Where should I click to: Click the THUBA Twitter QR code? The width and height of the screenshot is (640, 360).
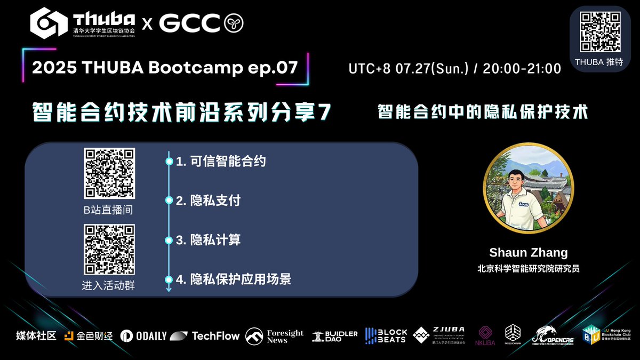pyautogui.click(x=600, y=32)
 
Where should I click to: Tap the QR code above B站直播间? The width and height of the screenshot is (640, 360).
pyautogui.click(x=109, y=174)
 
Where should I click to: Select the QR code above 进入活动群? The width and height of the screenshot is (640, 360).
pyautogui.click(x=109, y=250)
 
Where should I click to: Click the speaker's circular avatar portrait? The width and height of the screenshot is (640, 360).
pyautogui.click(x=528, y=189)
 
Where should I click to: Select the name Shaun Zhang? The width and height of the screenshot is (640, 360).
pyautogui.click(x=528, y=253)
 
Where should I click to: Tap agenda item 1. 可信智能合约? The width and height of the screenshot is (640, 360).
pyautogui.click(x=221, y=161)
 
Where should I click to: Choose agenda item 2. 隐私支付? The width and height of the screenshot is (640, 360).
pyautogui.click(x=209, y=201)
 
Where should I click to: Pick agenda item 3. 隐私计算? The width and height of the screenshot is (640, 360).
pyautogui.click(x=209, y=240)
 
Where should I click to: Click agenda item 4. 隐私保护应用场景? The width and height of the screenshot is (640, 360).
pyautogui.click(x=234, y=279)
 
